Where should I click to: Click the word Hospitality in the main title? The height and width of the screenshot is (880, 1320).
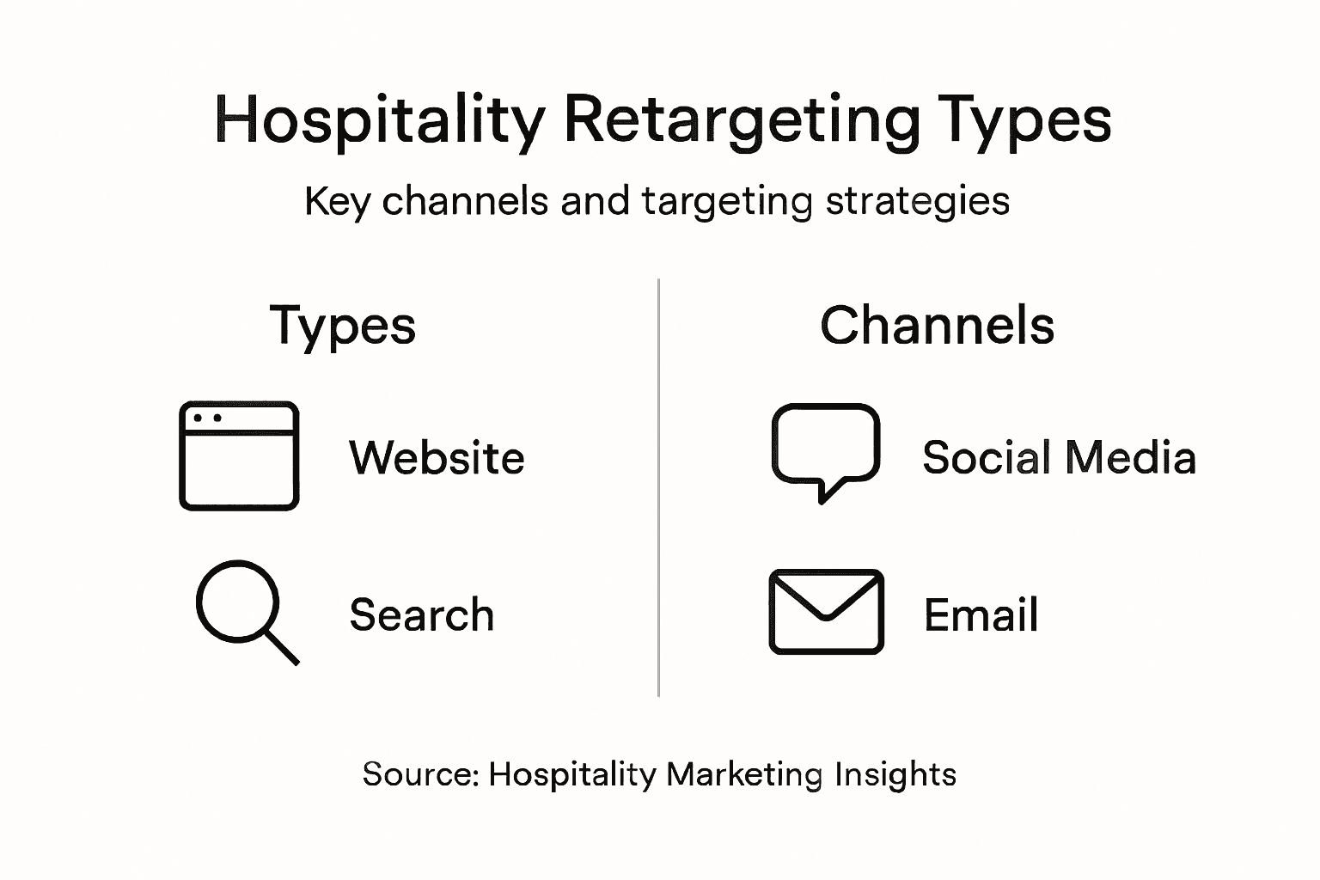(378, 120)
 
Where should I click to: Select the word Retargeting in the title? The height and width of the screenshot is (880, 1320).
(742, 120)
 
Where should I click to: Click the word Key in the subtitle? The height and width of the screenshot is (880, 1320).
(337, 202)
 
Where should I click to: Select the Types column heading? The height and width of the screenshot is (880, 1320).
(343, 327)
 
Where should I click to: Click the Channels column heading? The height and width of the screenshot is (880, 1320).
(937, 326)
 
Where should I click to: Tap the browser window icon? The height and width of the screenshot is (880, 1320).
(239, 455)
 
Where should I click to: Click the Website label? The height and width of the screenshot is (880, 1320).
(437, 457)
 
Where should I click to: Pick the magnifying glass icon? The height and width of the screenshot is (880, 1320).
(245, 610)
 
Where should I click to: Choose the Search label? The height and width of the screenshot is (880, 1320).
(422, 615)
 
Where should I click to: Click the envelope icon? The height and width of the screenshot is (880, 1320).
(826, 611)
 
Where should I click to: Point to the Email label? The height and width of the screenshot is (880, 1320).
(981, 615)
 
